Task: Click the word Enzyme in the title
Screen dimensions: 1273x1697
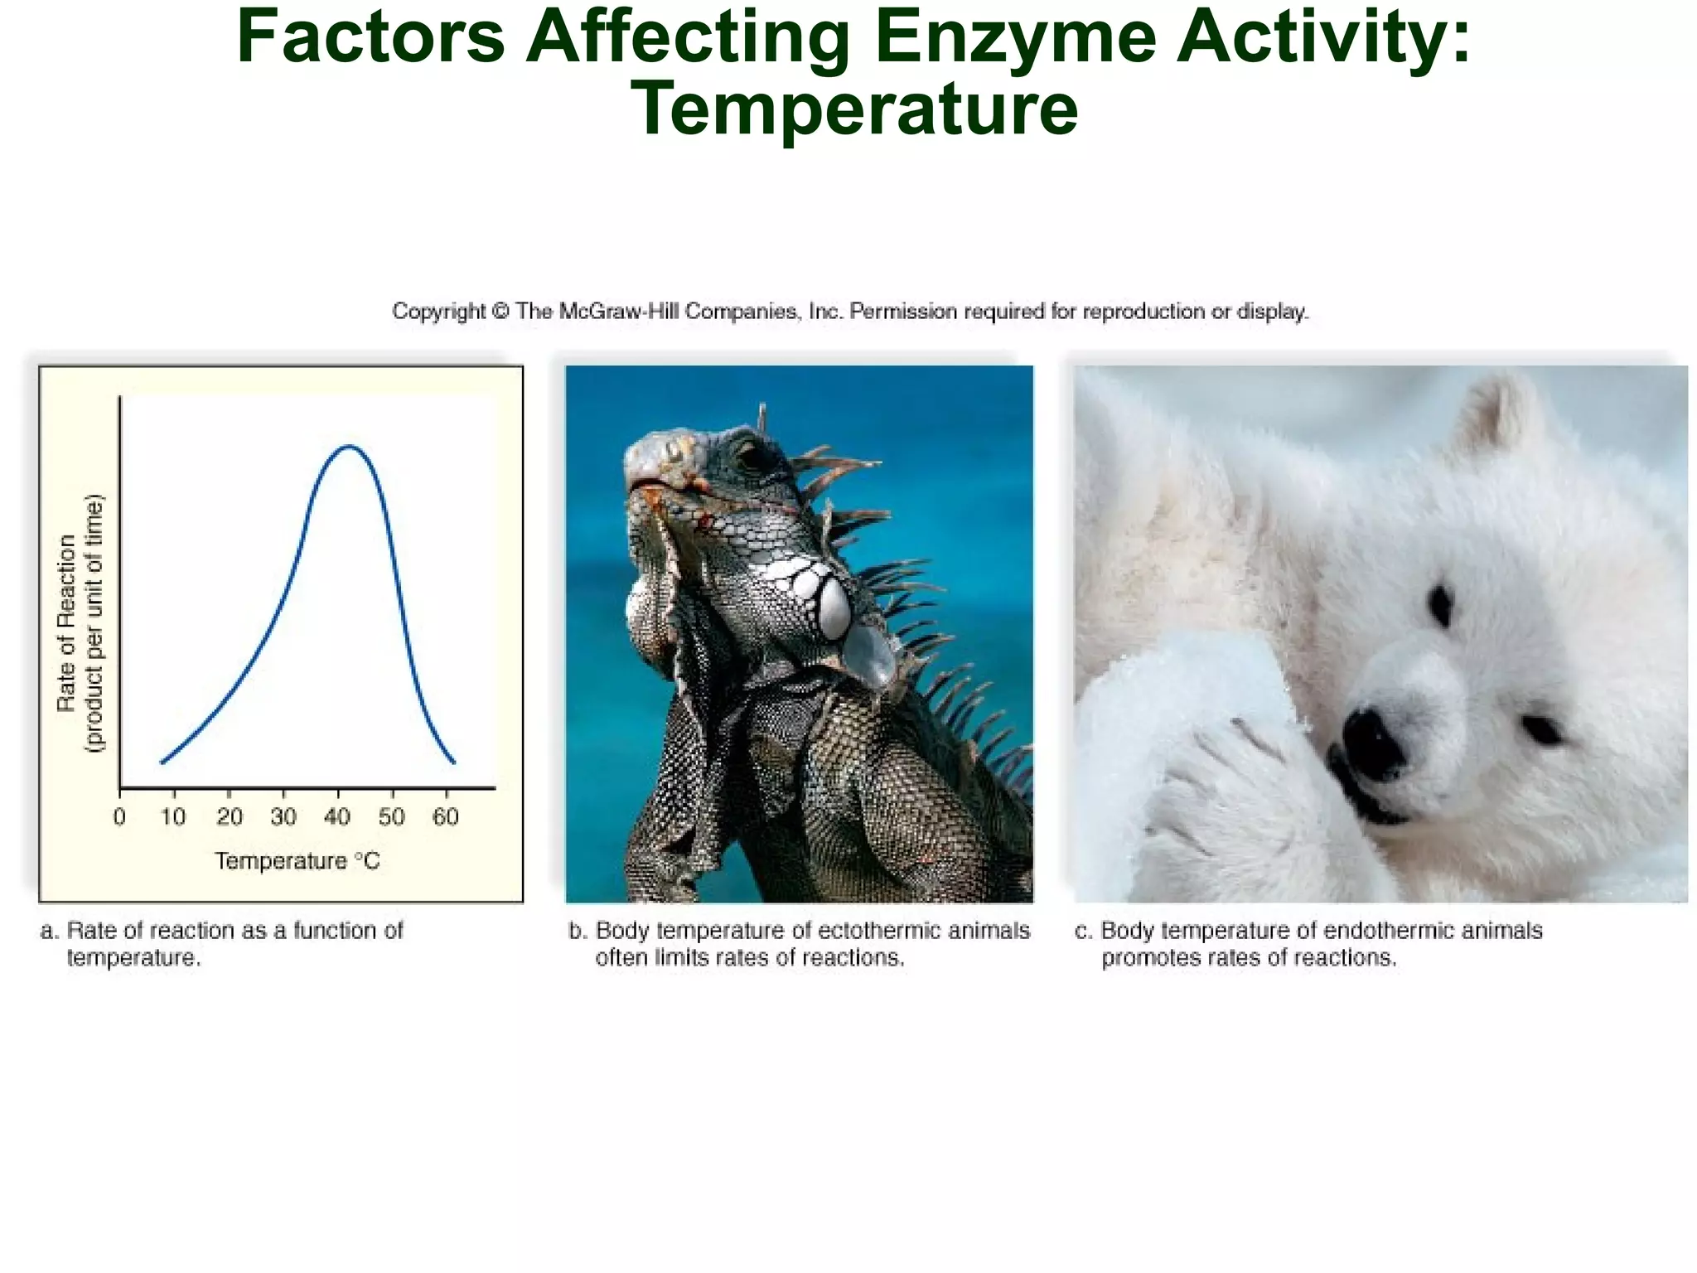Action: (1014, 37)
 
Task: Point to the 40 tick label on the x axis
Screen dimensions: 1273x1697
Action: (337, 817)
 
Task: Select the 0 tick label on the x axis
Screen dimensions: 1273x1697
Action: (119, 817)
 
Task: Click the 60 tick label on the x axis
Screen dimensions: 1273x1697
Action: (446, 817)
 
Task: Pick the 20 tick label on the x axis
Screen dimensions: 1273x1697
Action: (230, 817)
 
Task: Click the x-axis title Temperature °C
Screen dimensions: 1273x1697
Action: (297, 861)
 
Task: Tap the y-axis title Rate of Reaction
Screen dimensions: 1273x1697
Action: (66, 622)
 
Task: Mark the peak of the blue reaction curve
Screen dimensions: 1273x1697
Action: (350, 447)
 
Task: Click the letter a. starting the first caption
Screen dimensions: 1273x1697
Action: (49, 931)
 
